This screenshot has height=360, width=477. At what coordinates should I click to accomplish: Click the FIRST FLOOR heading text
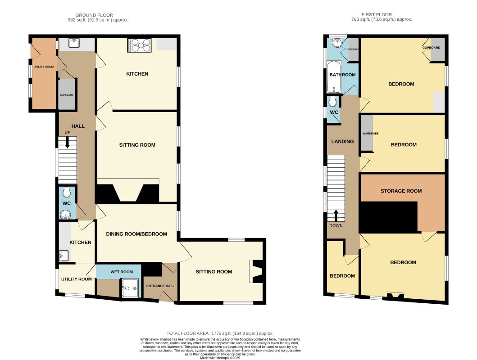tap(382, 15)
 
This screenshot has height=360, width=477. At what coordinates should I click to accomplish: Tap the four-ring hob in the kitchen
tap(140, 45)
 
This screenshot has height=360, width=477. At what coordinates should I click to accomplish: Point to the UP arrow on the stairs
tap(67, 143)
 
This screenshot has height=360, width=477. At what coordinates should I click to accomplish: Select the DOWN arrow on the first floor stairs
tap(336, 216)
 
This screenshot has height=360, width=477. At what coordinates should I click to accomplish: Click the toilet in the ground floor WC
tap(67, 193)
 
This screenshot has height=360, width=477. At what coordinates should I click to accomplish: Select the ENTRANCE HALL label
tap(160, 285)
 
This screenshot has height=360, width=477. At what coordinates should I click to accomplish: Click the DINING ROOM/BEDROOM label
tap(136, 234)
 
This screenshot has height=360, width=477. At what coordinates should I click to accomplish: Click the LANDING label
tap(342, 141)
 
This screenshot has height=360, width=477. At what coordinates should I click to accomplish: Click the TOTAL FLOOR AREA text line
tap(220, 333)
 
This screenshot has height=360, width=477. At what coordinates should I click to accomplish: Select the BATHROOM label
tap(342, 75)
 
